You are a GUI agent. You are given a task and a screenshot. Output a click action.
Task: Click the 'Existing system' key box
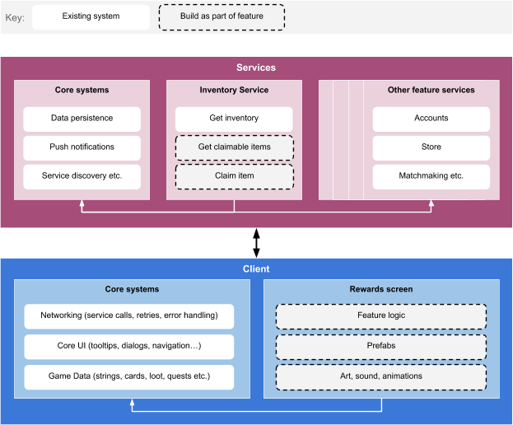coord(91,16)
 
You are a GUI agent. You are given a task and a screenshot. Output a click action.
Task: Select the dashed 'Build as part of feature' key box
coord(222,17)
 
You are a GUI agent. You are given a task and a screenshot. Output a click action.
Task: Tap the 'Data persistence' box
coord(82,119)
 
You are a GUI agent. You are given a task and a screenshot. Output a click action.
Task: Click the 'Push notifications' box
coord(82,148)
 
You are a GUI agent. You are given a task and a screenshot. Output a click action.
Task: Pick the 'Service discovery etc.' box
coord(82,177)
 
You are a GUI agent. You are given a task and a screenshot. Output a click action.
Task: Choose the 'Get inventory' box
coord(234,119)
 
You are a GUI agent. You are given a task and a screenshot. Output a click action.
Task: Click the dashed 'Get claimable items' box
coord(234,148)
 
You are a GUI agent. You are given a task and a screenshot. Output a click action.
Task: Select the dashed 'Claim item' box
coord(234,177)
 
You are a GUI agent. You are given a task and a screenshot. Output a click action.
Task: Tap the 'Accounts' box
coord(431,119)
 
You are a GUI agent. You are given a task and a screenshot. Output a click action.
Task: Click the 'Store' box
coord(431,148)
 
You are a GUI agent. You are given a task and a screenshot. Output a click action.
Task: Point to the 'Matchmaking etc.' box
coord(431,177)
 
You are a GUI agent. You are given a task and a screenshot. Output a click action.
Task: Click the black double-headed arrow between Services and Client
coord(257,243)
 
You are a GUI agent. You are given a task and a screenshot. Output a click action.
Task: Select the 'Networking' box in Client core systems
coord(129,316)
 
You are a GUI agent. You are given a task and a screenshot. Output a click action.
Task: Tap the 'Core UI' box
coord(129,347)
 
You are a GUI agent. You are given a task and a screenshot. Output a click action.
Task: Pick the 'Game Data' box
coord(129,377)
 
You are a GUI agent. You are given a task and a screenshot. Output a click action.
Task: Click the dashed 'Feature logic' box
coord(381,316)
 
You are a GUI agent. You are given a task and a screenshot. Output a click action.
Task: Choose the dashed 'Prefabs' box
coord(381,347)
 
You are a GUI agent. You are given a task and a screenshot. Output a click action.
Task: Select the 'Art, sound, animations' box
coord(381,377)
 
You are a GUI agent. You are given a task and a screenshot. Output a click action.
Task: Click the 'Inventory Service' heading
coord(234,90)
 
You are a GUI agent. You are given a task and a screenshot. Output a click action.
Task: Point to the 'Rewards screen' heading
coord(381,289)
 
